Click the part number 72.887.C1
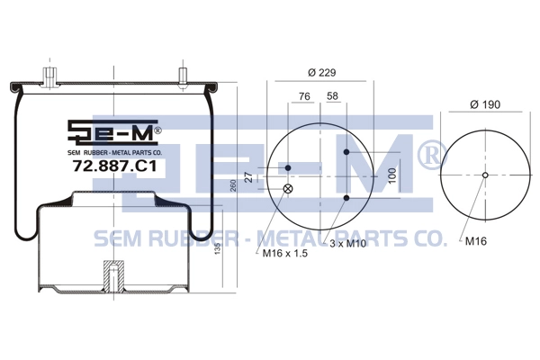114,166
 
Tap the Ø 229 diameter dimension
321,72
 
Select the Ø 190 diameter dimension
485,104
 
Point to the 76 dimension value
304,96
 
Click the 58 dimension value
332,95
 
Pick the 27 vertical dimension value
249,177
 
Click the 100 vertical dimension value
391,175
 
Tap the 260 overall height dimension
233,186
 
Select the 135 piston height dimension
218,248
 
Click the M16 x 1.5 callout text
284,254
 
